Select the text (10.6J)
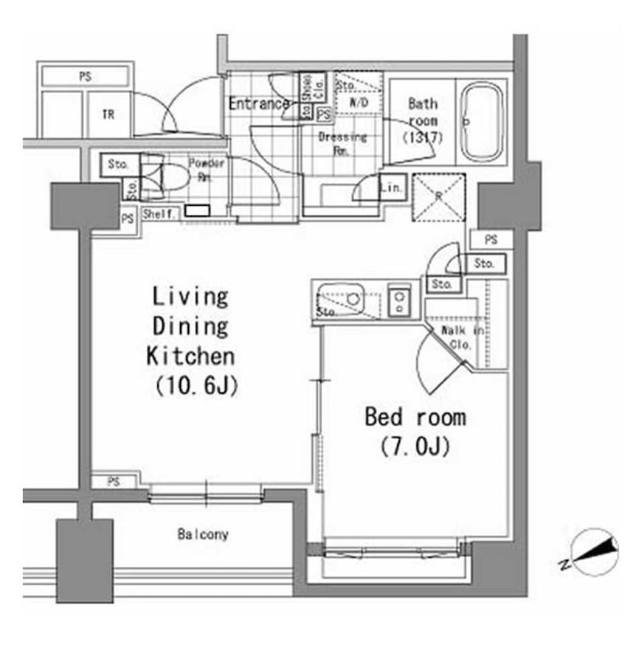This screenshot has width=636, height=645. [x=196, y=385]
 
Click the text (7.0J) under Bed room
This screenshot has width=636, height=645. [x=415, y=446]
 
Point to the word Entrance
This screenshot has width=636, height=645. [x=258, y=104]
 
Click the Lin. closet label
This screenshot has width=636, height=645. [x=392, y=188]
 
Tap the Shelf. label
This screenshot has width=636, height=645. [x=159, y=214]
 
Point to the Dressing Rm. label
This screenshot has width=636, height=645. [x=342, y=142]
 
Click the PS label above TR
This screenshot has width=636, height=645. [x=85, y=75]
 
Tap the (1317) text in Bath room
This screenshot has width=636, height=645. [x=422, y=137]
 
